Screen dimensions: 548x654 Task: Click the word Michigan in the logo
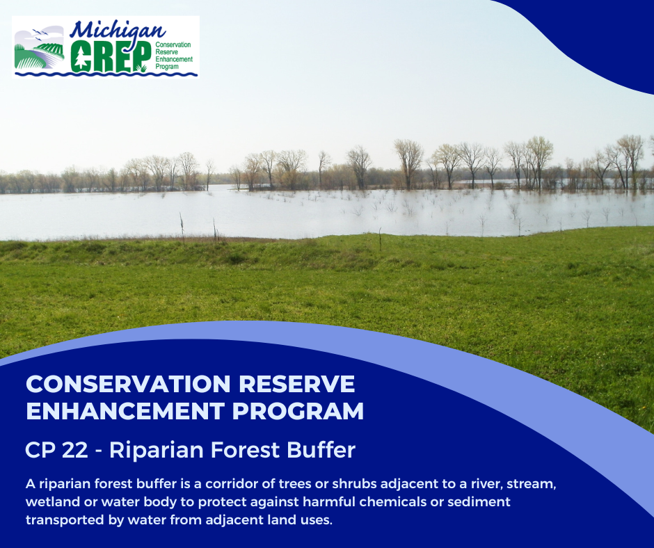pyautogui.click(x=118, y=31)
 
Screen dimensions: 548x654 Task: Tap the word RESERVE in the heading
pyautogui.click(x=303, y=384)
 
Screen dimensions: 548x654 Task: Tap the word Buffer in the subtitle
pyautogui.click(x=324, y=450)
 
